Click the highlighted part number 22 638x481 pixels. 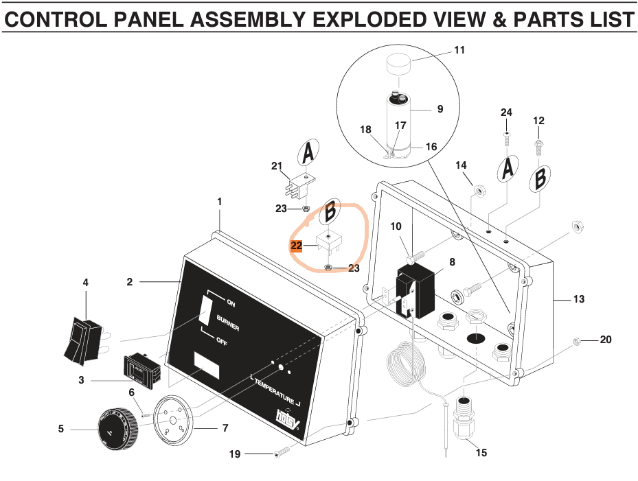click(x=297, y=246)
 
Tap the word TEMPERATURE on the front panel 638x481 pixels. click(x=274, y=392)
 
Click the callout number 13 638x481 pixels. click(x=579, y=298)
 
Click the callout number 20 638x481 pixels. click(x=605, y=339)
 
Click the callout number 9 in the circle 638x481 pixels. click(x=440, y=108)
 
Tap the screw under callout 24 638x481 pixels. click(x=506, y=139)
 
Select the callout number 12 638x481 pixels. click(x=538, y=121)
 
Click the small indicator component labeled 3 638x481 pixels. click(x=141, y=368)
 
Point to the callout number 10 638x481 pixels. click(x=396, y=226)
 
